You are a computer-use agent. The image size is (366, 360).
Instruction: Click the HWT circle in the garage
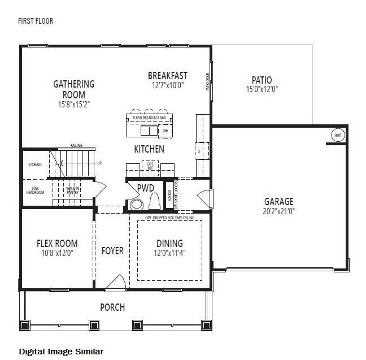coord(337,136)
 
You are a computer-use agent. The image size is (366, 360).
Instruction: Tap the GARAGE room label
coord(279,201)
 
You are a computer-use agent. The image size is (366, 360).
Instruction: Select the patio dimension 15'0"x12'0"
coord(262,89)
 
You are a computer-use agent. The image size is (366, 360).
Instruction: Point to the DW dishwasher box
coord(165,131)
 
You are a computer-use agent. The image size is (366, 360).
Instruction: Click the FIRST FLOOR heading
coord(36,21)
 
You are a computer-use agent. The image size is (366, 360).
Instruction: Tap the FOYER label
coord(112,250)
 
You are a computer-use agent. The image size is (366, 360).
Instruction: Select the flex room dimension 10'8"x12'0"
coord(57,253)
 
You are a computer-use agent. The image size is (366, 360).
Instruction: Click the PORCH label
coord(112,307)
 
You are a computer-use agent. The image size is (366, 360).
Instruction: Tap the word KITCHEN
coord(149,149)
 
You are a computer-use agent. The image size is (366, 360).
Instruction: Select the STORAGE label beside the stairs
coord(35,165)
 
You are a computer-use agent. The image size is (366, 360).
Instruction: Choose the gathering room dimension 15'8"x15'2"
coord(73,104)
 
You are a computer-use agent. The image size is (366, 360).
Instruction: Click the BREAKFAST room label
coord(168,76)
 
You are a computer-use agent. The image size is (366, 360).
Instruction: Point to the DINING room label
coord(169,244)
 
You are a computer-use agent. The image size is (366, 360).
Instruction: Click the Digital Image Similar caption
coord(61,351)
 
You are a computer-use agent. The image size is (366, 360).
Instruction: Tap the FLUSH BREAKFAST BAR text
coord(149,118)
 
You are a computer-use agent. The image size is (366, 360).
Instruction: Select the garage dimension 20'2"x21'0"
coord(279,211)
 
